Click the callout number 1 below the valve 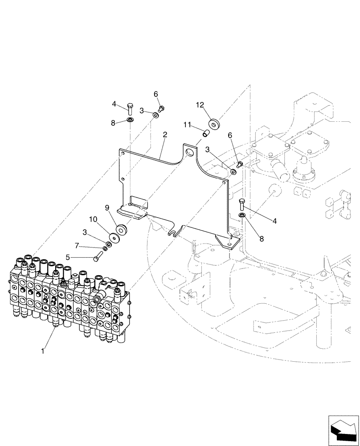click(x=43, y=351)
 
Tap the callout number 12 click(x=200, y=105)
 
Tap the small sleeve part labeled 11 click(x=205, y=133)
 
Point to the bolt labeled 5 click(x=98, y=256)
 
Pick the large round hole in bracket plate click(x=190, y=153)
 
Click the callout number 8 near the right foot click(x=262, y=239)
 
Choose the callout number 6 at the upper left click(x=156, y=94)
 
